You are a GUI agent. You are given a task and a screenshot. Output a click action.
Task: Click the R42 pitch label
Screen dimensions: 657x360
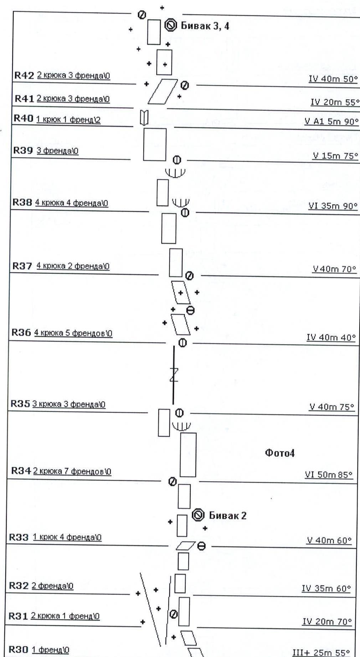click(24, 76)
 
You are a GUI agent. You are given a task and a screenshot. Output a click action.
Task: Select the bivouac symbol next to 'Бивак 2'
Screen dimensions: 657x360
click(198, 515)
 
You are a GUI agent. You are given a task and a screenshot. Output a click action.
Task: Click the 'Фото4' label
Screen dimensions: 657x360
click(279, 453)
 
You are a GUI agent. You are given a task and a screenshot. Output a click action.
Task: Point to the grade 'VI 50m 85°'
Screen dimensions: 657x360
click(328, 474)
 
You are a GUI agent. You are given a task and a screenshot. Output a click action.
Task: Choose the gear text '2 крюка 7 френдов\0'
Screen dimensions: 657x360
click(72, 471)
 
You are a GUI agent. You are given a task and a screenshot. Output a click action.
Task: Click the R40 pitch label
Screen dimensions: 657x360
click(23, 118)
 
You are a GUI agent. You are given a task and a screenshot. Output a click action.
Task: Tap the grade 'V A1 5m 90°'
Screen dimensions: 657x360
click(331, 122)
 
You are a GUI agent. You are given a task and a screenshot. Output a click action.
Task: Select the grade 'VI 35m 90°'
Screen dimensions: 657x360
click(333, 206)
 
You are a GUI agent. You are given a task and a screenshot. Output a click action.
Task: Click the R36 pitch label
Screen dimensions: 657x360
click(21, 333)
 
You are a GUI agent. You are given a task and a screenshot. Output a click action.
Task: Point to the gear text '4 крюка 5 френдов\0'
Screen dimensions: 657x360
click(73, 333)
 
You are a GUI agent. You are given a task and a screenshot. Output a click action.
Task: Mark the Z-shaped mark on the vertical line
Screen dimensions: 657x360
click(174, 375)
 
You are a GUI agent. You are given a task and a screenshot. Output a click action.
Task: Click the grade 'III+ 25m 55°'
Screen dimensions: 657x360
click(321, 653)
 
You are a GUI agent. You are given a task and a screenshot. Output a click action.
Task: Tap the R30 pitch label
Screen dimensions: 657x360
click(19, 650)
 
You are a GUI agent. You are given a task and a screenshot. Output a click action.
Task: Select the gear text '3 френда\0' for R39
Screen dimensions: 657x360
click(57, 151)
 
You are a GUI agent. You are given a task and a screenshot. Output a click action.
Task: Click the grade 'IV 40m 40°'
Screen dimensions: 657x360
click(331, 337)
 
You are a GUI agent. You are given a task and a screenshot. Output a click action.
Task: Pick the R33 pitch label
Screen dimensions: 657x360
click(19, 537)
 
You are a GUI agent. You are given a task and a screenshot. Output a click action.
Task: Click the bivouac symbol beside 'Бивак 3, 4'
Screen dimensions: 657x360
click(171, 25)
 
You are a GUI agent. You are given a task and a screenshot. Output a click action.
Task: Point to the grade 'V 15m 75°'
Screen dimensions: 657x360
click(335, 156)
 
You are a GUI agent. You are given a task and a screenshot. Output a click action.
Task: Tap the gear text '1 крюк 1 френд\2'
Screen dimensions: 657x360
click(68, 119)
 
